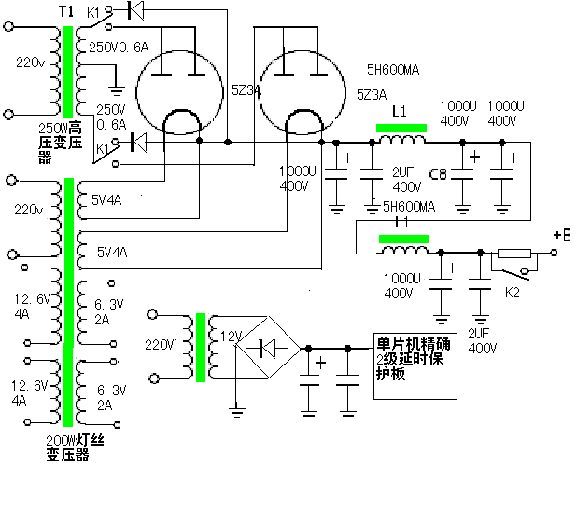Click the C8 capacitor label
(438, 173)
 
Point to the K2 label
(513, 292)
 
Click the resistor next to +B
(514, 253)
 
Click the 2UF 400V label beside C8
(403, 179)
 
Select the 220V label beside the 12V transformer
(160, 344)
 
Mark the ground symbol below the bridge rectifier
(237, 409)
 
